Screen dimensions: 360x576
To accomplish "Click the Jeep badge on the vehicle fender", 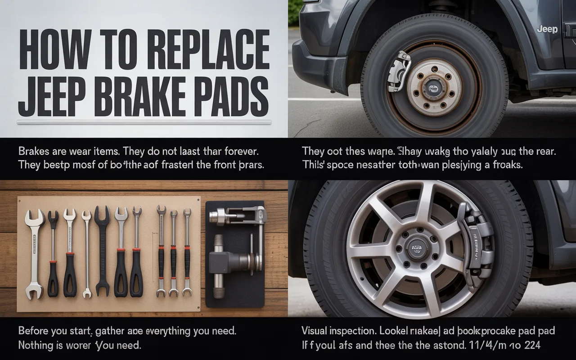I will point(547,30).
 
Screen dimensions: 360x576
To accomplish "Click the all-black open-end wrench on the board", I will point(102,252).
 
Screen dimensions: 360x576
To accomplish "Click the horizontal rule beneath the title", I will point(144,122).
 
